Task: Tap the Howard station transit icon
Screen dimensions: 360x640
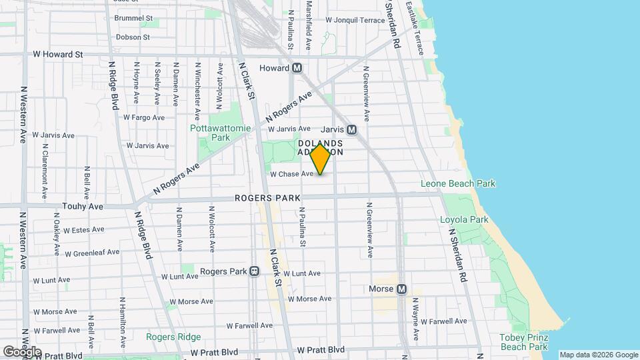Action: click(x=297, y=68)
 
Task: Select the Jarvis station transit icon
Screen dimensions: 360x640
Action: click(x=351, y=130)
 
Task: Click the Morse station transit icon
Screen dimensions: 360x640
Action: click(x=401, y=289)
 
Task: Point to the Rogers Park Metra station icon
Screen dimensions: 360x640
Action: click(x=254, y=272)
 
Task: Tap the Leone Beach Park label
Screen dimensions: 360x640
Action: click(x=458, y=184)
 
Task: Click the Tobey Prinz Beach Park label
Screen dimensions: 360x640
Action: click(x=523, y=342)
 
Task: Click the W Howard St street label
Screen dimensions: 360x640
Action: click(x=58, y=54)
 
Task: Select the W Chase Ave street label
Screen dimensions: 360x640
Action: click(x=291, y=174)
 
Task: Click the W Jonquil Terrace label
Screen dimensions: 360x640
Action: click(x=355, y=20)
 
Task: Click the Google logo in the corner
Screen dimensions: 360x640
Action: click(x=22, y=352)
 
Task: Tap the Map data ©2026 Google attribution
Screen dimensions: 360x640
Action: click(x=599, y=355)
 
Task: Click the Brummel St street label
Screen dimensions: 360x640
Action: click(x=133, y=18)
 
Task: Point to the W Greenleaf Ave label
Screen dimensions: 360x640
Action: click(x=92, y=253)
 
